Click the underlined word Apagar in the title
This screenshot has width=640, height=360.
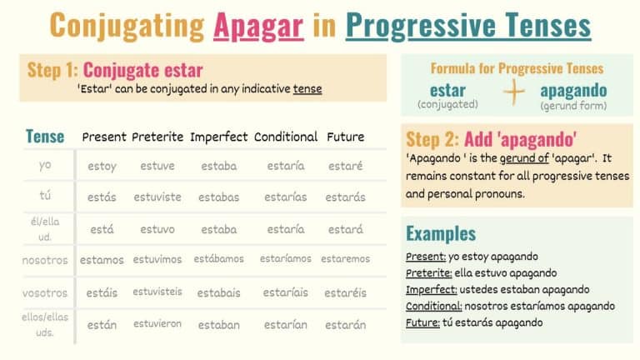click(x=257, y=25)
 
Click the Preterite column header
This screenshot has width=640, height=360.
click(x=157, y=137)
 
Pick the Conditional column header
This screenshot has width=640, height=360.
click(x=286, y=137)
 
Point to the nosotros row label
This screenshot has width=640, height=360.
click(x=45, y=260)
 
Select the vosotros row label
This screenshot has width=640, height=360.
click(x=45, y=292)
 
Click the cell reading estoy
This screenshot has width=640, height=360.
click(x=102, y=166)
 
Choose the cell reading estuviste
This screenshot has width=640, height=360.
click(x=157, y=197)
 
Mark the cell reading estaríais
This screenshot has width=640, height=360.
click(x=285, y=292)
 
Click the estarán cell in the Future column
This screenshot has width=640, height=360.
click(x=345, y=325)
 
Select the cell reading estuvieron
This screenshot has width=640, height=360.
click(x=157, y=323)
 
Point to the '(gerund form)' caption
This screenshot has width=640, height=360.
click(x=573, y=106)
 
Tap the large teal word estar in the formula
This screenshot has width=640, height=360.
click(x=447, y=89)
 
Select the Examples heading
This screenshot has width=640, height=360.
click(x=441, y=233)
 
